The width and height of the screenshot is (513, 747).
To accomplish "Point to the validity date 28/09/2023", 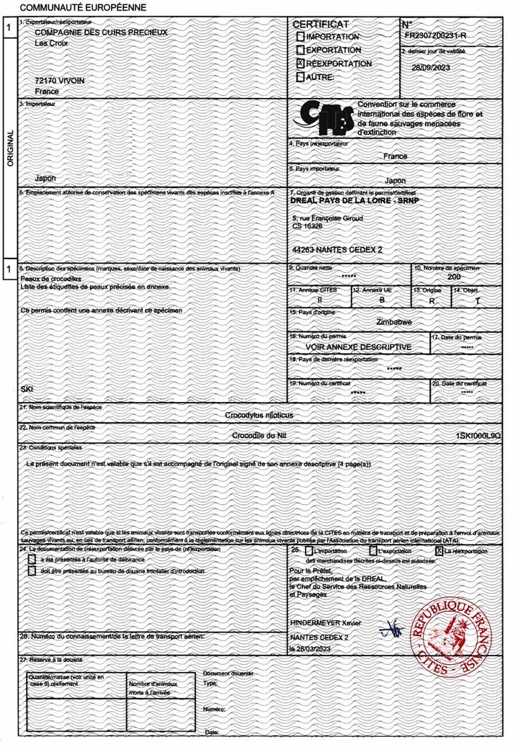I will click(x=430, y=67).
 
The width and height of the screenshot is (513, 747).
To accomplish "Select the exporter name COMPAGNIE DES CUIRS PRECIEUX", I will click(x=102, y=32).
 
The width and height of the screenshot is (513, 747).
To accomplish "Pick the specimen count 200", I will click(x=454, y=277).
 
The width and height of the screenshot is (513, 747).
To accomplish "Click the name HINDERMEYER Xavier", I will click(x=326, y=622).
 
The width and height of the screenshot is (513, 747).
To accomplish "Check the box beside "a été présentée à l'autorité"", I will click(x=31, y=559).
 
